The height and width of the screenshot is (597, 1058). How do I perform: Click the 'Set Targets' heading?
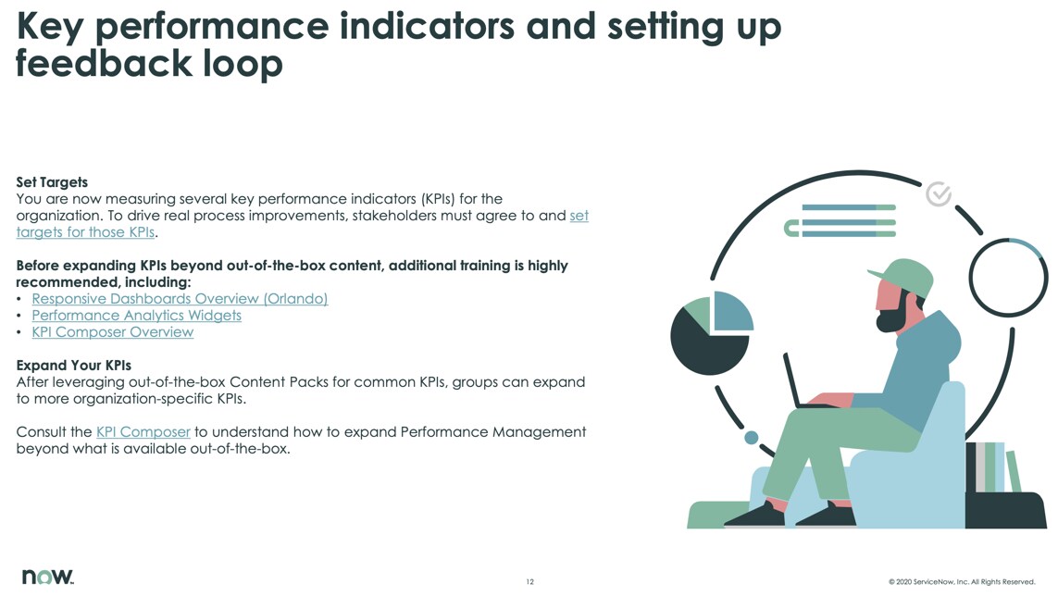52,182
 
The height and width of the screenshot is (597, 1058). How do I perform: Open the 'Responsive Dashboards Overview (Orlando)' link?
180,299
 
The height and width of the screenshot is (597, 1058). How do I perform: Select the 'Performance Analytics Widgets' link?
136,316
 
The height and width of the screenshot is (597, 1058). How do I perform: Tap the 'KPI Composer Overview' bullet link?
113,332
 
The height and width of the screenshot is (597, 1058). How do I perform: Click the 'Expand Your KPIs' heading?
73,366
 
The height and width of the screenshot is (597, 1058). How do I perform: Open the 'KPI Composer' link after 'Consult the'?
143,431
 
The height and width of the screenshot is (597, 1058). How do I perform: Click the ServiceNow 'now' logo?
47,576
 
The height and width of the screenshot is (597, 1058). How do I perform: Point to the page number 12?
529,581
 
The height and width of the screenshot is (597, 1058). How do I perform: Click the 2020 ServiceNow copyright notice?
962,581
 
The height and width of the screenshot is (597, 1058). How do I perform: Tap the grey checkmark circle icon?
939,193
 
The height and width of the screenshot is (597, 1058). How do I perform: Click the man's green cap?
902,277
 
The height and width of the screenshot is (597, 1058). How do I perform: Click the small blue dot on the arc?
751,438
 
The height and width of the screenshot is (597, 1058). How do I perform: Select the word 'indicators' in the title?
427,26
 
